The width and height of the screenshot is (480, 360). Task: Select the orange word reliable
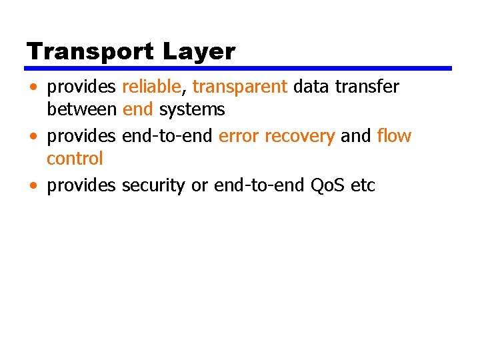click(151, 87)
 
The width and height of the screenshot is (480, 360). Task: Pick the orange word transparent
click(239, 87)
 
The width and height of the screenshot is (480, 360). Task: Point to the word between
click(81, 109)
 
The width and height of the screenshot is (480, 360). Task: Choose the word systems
click(192, 109)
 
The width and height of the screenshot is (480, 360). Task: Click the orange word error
click(239, 136)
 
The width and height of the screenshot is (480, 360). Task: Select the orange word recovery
click(299, 137)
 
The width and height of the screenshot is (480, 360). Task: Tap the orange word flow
click(394, 136)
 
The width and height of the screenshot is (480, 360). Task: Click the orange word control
click(75, 159)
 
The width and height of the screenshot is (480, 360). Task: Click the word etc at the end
click(363, 185)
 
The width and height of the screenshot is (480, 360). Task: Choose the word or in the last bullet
click(199, 186)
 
